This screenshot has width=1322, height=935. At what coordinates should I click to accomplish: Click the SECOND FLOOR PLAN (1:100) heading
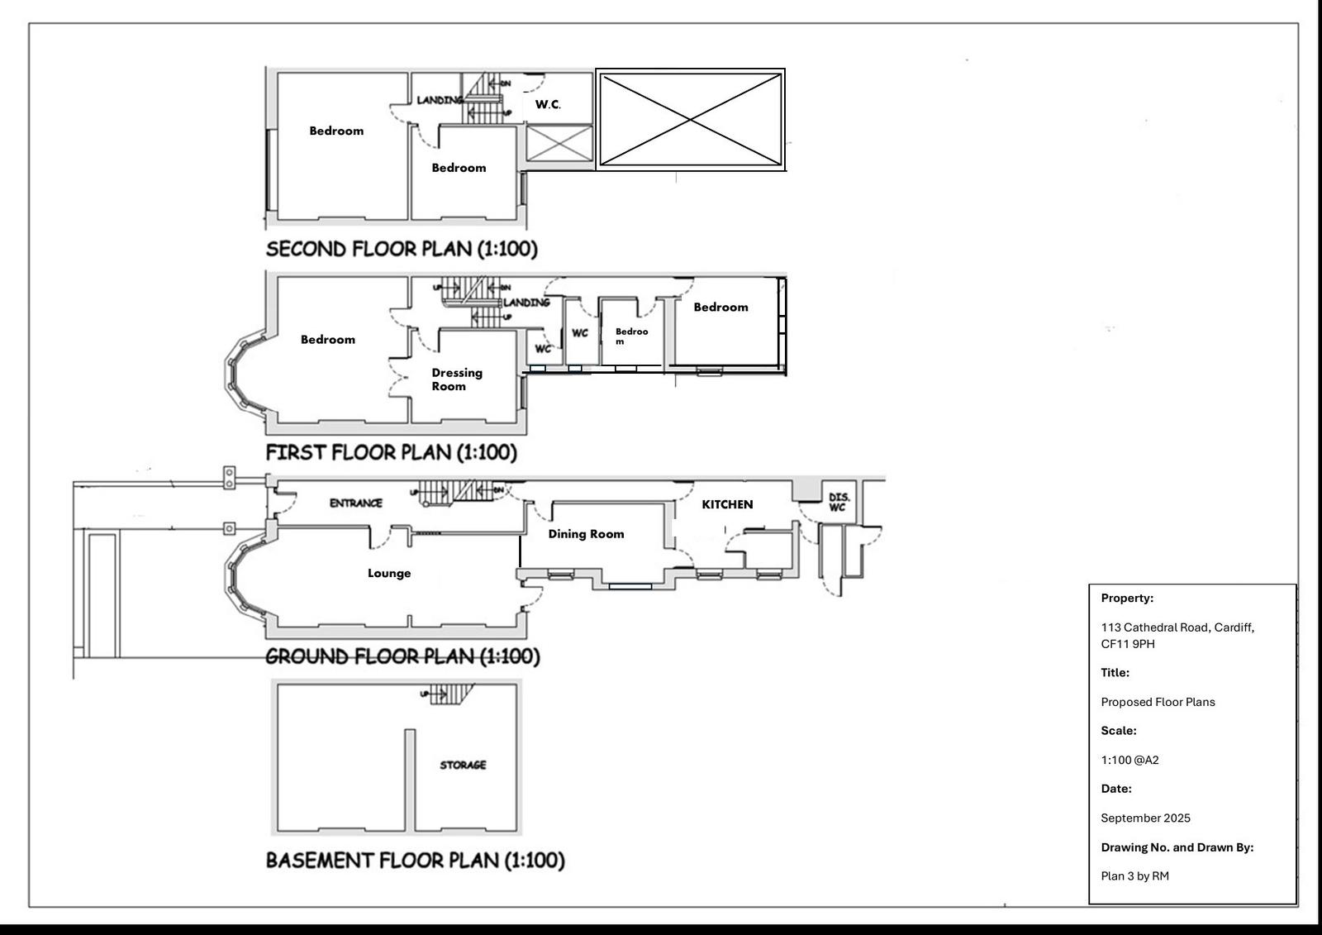pos(402,249)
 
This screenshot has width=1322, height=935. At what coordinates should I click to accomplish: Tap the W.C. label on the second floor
pos(548,104)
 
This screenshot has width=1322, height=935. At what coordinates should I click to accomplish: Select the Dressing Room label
pos(456,379)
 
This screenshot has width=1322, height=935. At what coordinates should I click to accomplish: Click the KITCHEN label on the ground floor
pos(727,504)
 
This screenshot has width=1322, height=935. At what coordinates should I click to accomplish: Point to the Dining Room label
pos(586,534)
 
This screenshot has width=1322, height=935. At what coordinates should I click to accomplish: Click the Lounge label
pos(389,573)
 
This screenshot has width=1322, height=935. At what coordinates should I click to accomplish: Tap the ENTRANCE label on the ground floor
pos(356,503)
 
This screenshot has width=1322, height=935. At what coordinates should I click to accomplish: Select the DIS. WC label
pos(838,502)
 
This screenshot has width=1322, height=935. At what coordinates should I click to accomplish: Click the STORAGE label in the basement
pos(463,765)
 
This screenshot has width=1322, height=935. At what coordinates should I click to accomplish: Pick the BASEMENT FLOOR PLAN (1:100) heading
pos(415,860)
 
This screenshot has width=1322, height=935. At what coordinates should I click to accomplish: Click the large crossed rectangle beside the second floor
pos(690,120)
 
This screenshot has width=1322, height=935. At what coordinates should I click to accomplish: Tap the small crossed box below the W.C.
pos(559,143)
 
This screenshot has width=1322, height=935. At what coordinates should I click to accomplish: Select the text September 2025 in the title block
pos(1145,818)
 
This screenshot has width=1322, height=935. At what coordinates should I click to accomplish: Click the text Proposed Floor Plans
pos(1158,702)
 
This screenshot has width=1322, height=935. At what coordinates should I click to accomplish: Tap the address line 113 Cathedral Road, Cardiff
pos(1177,627)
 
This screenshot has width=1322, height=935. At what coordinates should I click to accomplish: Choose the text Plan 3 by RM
pos(1134,875)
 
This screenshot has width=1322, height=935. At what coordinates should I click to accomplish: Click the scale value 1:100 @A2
pos(1129,760)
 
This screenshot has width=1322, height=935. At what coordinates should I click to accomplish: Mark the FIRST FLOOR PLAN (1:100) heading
pos(391,452)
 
